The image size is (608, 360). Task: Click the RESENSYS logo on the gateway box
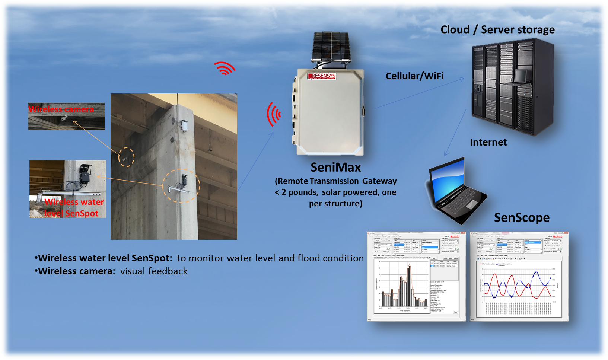pos(322,76)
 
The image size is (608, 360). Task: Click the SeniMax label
pos(335,168)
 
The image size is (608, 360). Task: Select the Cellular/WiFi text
pos(414,76)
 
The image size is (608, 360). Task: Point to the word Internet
pos(488,143)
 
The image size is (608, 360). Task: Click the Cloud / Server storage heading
pos(497,30)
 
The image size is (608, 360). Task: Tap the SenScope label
pos(521,217)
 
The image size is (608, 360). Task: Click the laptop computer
pos(454,190)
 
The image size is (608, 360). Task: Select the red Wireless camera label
pos(61,109)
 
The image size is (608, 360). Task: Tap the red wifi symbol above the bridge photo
pos(225,69)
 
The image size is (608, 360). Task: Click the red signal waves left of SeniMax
pos(274,114)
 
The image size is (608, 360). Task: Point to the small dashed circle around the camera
pos(126,157)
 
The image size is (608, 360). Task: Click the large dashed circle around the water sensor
pos(181,186)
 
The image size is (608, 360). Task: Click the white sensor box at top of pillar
pos(184,125)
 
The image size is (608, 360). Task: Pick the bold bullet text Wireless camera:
pos(77,271)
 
